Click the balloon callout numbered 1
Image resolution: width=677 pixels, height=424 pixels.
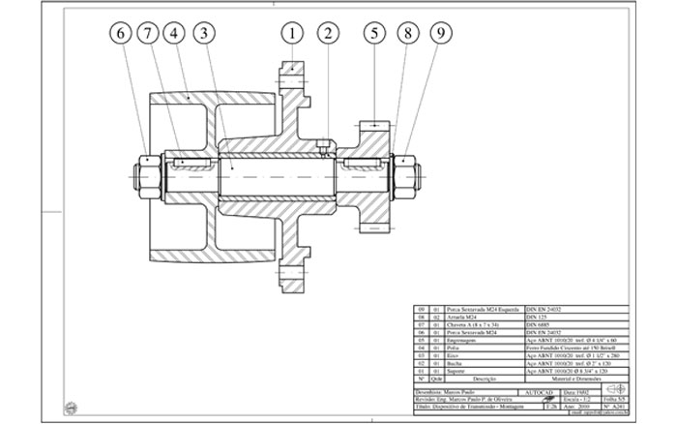[291, 35]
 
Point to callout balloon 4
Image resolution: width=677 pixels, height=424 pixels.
[175, 35]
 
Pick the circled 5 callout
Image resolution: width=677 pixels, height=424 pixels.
[374, 35]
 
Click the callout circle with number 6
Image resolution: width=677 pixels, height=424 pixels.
[120, 35]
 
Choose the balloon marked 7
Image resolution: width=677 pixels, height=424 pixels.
[148, 35]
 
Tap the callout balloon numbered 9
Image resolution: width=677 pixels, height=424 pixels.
[440, 35]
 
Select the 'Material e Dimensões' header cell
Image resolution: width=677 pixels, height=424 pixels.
[558, 379]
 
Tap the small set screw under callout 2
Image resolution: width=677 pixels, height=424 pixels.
[320, 148]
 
